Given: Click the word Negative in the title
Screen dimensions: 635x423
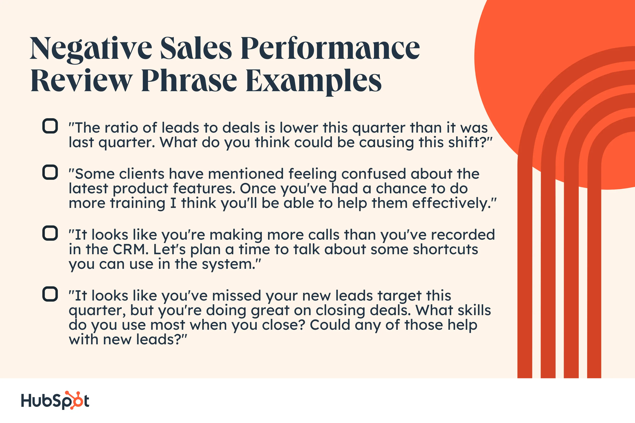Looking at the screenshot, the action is [x=91, y=49].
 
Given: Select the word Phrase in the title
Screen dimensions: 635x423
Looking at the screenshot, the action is [x=189, y=80].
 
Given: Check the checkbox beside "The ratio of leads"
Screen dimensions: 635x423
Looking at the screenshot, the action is [x=50, y=126].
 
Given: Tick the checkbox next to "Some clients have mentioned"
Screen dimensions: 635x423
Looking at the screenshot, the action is [x=50, y=172].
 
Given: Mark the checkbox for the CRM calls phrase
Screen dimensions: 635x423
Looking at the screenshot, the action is [x=50, y=233].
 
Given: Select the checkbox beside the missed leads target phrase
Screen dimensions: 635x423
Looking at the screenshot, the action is [x=50, y=294].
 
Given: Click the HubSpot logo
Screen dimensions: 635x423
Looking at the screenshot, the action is [x=55, y=400].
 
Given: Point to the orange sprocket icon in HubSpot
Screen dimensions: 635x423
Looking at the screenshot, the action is [x=73, y=400].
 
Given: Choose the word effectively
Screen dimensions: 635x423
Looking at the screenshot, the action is [x=451, y=203].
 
